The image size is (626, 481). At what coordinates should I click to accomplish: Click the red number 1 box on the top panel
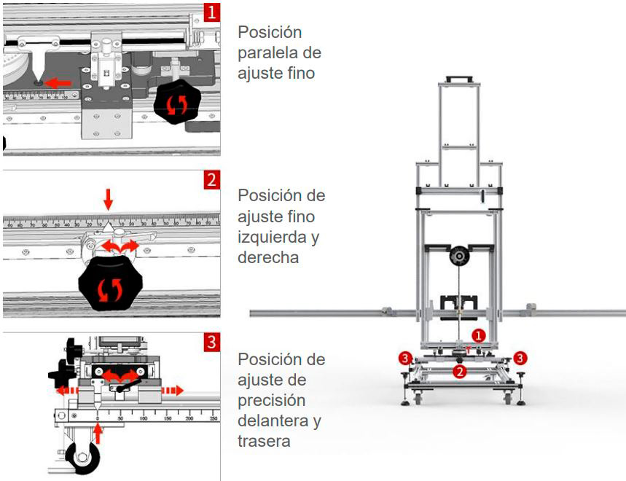pyautogui.click(x=211, y=12)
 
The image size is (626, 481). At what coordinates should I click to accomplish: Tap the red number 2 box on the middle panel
pyautogui.click(x=211, y=180)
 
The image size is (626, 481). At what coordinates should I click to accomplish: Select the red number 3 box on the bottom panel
pyautogui.click(x=211, y=343)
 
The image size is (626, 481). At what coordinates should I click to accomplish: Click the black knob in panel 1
pyautogui.click(x=176, y=103)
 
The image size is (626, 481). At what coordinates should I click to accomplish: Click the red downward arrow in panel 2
pyautogui.click(x=109, y=198)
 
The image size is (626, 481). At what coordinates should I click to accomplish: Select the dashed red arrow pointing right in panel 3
pyautogui.click(x=172, y=390)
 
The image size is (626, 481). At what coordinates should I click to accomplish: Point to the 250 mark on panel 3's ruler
pyautogui.click(x=213, y=418)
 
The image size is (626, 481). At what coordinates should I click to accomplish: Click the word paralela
pyautogui.click(x=279, y=53)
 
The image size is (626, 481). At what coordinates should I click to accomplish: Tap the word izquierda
pyautogui.click(x=276, y=237)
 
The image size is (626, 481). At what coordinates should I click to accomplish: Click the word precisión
pyautogui.click(x=271, y=401)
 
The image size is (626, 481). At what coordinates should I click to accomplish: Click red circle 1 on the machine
pyautogui.click(x=477, y=335)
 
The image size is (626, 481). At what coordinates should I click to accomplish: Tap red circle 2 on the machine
pyautogui.click(x=459, y=372)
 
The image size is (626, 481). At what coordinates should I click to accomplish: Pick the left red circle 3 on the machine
pyautogui.click(x=405, y=358)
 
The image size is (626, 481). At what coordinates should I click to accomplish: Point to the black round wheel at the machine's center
pyautogui.click(x=459, y=257)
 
